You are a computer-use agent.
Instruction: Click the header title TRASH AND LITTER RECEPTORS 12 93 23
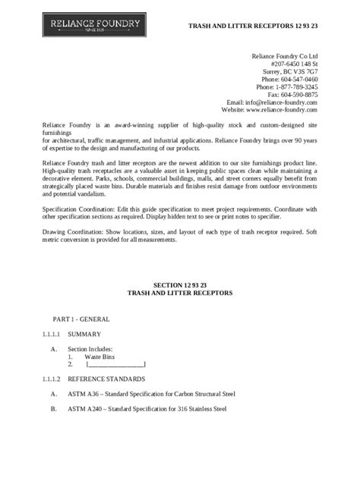click(x=254, y=27)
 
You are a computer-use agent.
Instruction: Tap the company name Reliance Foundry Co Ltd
click(x=285, y=56)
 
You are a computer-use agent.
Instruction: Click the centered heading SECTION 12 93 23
click(x=180, y=284)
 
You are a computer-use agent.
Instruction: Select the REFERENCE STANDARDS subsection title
click(x=106, y=379)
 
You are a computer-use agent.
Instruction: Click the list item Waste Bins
click(x=99, y=356)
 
